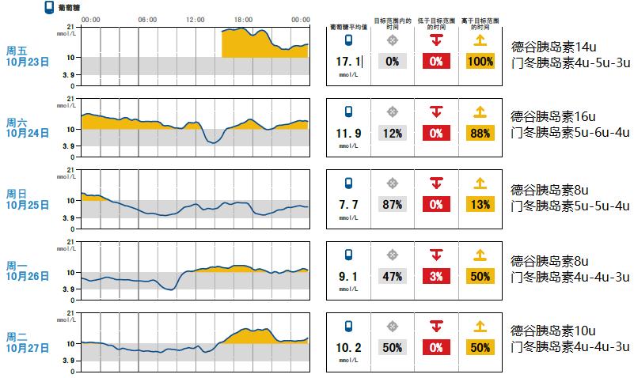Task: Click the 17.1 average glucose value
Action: coord(348,61)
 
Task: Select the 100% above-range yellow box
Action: coord(479,61)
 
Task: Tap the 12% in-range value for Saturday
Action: coord(392,133)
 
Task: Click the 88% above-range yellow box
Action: coord(479,133)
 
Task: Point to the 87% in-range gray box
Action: coord(392,204)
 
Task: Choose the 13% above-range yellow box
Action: coord(479,204)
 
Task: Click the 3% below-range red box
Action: coord(435,276)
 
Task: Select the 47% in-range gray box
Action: coord(392,276)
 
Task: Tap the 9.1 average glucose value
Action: coord(348,276)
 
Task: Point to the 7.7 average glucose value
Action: coord(348,204)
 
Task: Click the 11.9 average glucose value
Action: coord(348,133)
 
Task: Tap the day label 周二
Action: coord(17,337)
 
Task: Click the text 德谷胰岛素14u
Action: coord(553,47)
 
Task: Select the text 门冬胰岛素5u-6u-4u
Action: coord(571,133)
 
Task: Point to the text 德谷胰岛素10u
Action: coord(553,331)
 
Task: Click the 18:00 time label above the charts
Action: coord(243,19)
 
